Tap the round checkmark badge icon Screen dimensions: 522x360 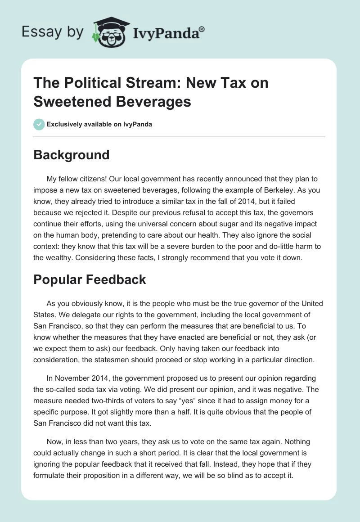pyautogui.click(x=39, y=124)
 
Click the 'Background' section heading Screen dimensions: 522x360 pyautogui.click(x=71, y=155)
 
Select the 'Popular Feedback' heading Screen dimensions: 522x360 pyautogui.click(x=90, y=279)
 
